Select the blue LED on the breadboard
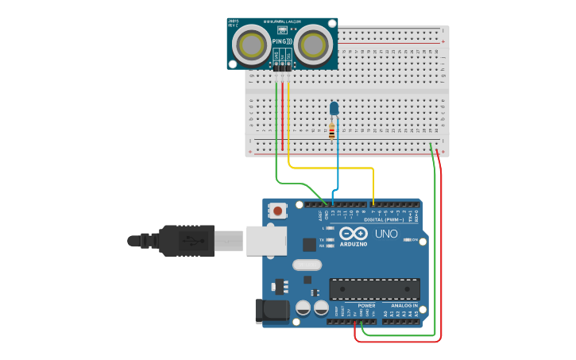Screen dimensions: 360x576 tap(334, 108)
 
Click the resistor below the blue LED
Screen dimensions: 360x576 tap(331, 132)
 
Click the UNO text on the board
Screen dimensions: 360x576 tap(385, 234)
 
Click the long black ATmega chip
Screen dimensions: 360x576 tap(374, 289)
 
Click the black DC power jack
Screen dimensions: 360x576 tap(271, 311)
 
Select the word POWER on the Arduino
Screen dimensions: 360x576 tap(366, 305)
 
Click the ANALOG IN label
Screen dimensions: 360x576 tap(404, 305)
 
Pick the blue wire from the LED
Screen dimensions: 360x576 tap(338, 159)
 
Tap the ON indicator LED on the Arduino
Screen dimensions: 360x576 tap(408, 239)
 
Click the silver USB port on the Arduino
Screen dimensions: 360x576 tap(266, 240)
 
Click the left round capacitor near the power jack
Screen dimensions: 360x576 tap(303, 308)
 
